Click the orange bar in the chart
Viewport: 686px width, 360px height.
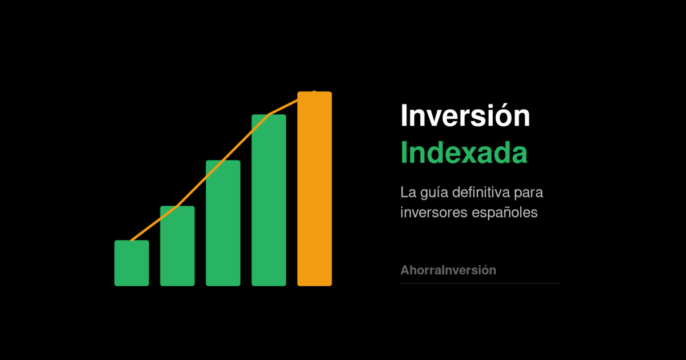(x=314, y=189)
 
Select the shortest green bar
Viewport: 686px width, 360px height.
(x=131, y=263)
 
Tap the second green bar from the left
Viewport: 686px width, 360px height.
(x=177, y=246)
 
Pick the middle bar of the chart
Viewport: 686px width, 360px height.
(x=223, y=223)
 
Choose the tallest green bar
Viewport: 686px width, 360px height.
(x=269, y=200)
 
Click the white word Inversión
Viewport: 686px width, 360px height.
(x=465, y=115)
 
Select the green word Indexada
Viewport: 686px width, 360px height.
(x=464, y=153)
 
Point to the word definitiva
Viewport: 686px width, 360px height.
(x=481, y=192)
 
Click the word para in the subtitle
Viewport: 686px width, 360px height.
(x=529, y=194)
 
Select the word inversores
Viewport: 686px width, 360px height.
(x=434, y=212)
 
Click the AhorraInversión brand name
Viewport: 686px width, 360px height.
(x=448, y=270)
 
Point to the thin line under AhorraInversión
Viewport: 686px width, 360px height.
(x=480, y=283)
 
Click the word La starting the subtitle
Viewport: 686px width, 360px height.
(x=408, y=192)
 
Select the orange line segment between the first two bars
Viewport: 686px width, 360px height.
(x=154, y=223)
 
